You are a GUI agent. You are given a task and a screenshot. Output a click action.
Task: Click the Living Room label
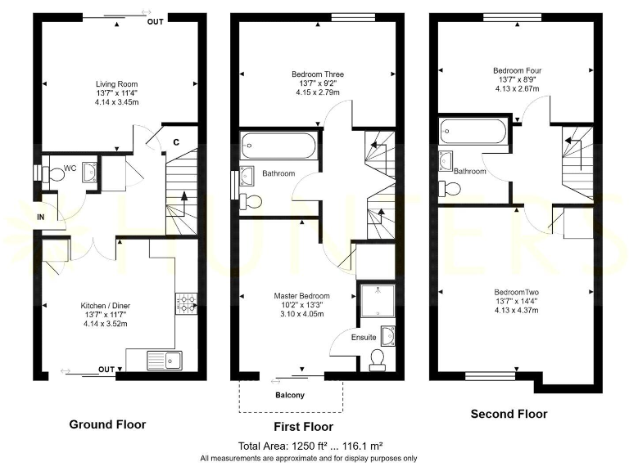(116, 83)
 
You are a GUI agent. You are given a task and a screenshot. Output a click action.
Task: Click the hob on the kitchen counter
(186, 303)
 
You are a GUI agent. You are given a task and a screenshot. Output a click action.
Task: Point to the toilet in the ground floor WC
(56, 175)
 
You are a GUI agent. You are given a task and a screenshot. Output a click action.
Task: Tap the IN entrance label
(41, 218)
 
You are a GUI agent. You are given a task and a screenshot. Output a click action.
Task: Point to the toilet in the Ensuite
(378, 359)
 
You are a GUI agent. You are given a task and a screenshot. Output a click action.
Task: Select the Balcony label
(290, 396)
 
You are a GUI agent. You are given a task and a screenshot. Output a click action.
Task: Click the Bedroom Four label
(517, 71)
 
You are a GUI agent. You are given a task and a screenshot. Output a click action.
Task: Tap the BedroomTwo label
(516, 292)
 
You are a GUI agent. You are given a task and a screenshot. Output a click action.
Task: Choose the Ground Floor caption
(107, 424)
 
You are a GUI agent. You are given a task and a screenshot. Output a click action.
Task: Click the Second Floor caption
(509, 414)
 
